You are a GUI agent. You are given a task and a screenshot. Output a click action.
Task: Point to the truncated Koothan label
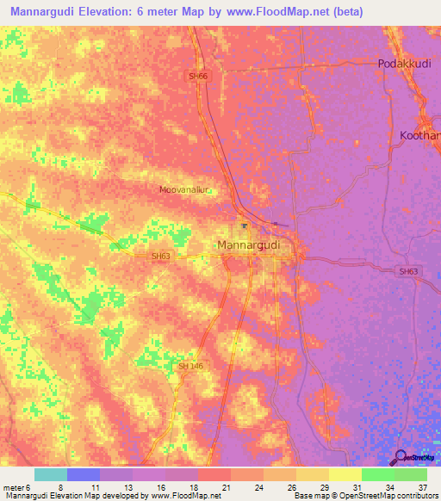click(x=419, y=135)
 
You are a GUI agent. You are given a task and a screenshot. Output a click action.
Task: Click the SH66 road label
click(x=199, y=76)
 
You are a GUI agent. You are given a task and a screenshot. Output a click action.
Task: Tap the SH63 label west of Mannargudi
click(x=161, y=256)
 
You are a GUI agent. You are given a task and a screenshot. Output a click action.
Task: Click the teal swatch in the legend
click(x=50, y=474)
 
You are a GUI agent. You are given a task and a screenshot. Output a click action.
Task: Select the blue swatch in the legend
click(x=84, y=474)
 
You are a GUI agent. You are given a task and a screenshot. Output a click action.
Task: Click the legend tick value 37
click(x=422, y=487)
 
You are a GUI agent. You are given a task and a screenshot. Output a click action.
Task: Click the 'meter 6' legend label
click(x=16, y=487)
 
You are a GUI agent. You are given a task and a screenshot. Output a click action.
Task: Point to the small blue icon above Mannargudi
click(x=245, y=227)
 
